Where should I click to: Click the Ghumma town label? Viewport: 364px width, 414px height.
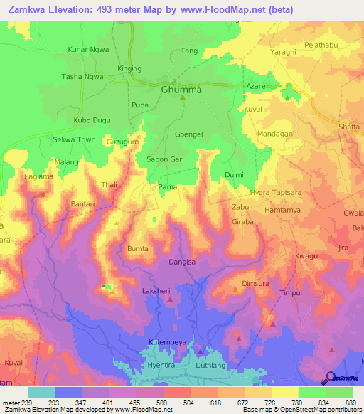pyautogui.click(x=181, y=90)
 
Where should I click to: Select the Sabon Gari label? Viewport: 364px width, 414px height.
pyautogui.click(x=166, y=160)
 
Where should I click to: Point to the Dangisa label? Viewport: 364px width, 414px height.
pyautogui.click(x=182, y=262)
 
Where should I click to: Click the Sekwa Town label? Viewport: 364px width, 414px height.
pyautogui.click(x=74, y=140)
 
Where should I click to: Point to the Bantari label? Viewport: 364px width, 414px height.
pyautogui.click(x=83, y=204)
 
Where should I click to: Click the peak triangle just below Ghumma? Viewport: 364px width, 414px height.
pyautogui.click(x=182, y=98)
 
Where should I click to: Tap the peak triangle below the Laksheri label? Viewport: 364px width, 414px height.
pyautogui.click(x=169, y=300)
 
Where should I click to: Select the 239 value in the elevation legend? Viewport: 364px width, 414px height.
pyautogui.click(x=28, y=403)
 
